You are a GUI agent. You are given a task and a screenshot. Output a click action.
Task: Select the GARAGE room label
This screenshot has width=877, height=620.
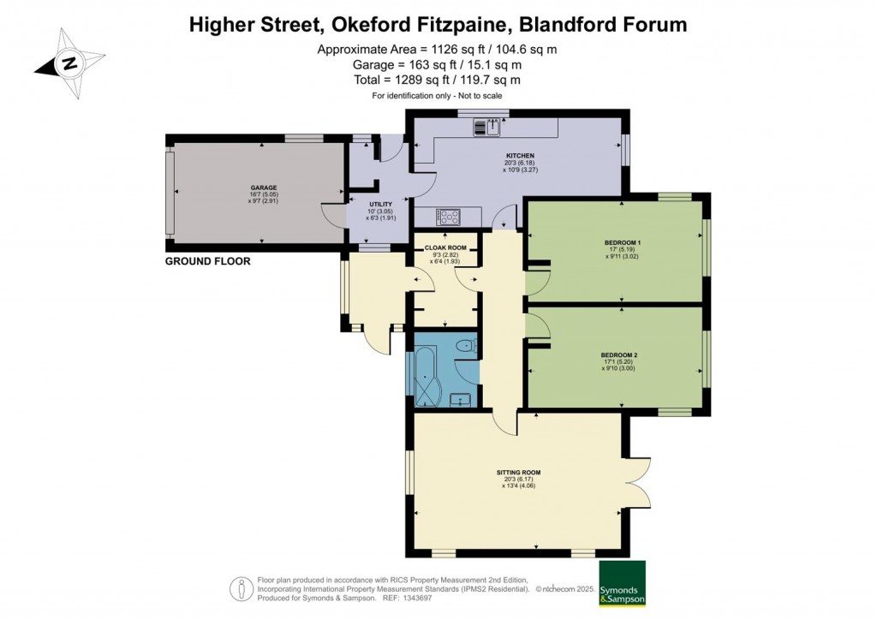(264, 188)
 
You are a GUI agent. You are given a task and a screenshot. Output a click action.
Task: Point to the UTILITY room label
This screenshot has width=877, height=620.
(356, 204)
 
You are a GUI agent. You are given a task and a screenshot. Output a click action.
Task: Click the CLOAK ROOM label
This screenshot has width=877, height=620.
(444, 248)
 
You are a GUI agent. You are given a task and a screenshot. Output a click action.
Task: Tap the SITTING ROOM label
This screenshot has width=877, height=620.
(519, 472)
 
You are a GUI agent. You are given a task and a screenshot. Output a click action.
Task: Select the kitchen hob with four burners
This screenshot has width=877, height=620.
(448, 216)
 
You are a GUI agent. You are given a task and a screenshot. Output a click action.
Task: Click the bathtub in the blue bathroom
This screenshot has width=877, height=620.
(425, 377)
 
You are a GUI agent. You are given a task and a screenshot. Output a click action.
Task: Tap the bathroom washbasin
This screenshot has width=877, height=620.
(461, 398)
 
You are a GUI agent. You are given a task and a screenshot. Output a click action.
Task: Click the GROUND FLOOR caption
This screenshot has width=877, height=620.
(207, 261)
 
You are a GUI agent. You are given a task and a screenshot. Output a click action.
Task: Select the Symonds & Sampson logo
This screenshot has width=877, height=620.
(621, 583)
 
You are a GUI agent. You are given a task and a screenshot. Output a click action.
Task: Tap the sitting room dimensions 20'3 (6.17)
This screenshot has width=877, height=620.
(518, 480)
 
